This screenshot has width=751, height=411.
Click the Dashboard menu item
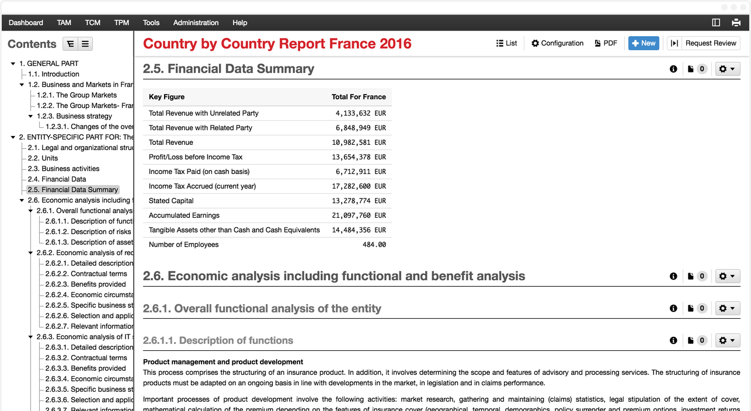pyautogui.click(x=26, y=23)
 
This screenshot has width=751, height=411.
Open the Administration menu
pyautogui.click(x=196, y=23)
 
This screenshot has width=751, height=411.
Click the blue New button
pyautogui.click(x=644, y=43)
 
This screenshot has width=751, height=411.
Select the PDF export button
pyautogui.click(x=606, y=43)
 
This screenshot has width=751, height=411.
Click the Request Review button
pyautogui.click(x=710, y=43)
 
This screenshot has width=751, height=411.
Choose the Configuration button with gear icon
pyautogui.click(x=557, y=43)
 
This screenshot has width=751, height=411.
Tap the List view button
pyautogui.click(x=506, y=43)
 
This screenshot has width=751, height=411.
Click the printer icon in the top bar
pyautogui.click(x=736, y=23)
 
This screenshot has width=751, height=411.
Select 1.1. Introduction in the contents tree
pyautogui.click(x=54, y=74)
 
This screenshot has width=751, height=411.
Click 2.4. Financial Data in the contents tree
pyautogui.click(x=57, y=179)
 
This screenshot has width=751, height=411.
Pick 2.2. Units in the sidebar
pyautogui.click(x=43, y=158)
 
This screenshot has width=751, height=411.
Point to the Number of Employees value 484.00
pyautogui.click(x=374, y=245)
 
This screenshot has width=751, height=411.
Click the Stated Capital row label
pyautogui.click(x=171, y=201)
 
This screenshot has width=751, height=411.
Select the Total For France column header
pyautogui.click(x=359, y=97)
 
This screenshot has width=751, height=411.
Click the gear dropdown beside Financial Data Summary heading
pyautogui.click(x=727, y=69)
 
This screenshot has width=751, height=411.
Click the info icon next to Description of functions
pyautogui.click(x=673, y=340)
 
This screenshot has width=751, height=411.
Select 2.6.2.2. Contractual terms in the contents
pyautogui.click(x=86, y=274)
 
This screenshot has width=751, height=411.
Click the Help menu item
pyautogui.click(x=239, y=23)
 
